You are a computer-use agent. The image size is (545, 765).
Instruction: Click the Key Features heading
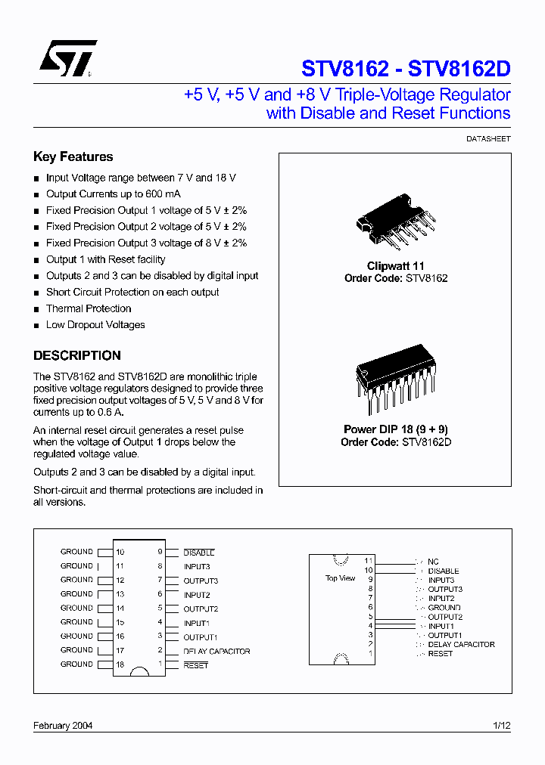coord(73,156)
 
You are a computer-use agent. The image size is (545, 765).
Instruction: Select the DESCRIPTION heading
coord(76,355)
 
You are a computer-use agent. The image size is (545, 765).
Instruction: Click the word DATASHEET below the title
coord(488,139)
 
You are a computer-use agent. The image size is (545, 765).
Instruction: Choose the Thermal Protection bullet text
coord(89,308)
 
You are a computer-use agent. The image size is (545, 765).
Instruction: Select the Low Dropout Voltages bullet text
coord(95,325)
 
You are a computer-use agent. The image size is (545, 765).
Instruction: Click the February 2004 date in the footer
coord(63,725)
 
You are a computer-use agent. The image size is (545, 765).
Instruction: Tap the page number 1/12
coord(502,725)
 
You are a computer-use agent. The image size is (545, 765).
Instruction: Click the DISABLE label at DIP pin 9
coord(199,553)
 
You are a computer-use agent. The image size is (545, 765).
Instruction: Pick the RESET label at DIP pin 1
coord(195,665)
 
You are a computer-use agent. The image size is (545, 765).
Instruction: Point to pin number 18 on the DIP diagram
coord(120,664)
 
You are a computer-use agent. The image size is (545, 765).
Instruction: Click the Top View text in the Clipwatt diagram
coord(340,578)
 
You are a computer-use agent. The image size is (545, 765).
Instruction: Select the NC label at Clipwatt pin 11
coord(433,562)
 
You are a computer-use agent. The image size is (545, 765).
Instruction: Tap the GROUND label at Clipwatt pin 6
coord(444,608)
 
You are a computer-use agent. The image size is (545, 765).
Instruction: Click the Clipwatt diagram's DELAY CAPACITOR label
coord(461,645)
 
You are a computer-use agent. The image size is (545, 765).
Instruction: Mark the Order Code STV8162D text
coord(396,441)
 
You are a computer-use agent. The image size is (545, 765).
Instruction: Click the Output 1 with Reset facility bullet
coord(105,259)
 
